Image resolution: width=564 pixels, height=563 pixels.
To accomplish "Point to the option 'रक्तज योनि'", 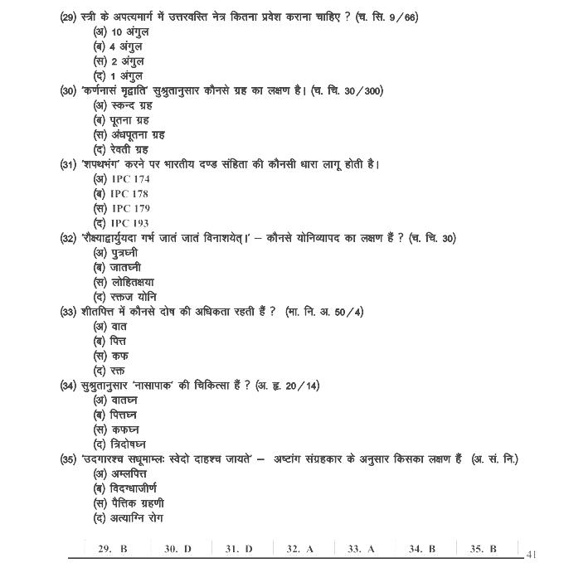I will pos(125,297).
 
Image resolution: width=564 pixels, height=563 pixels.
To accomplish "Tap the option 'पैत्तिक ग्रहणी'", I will pos(129,502).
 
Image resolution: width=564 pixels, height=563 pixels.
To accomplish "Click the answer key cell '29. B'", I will pos(113,549).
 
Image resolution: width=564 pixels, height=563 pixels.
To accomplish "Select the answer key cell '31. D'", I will pos(239,549).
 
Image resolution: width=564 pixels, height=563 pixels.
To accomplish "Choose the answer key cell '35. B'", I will pos(483,549).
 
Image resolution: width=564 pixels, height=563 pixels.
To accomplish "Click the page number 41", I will pos(532,554).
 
